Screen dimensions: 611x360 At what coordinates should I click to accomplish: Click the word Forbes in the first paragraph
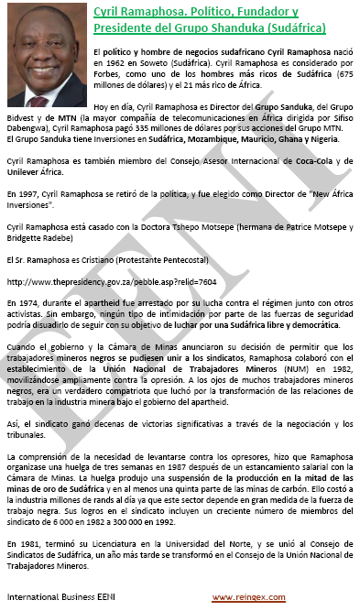tap(109, 75)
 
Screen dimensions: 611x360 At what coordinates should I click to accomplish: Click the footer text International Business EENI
tap(53, 596)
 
